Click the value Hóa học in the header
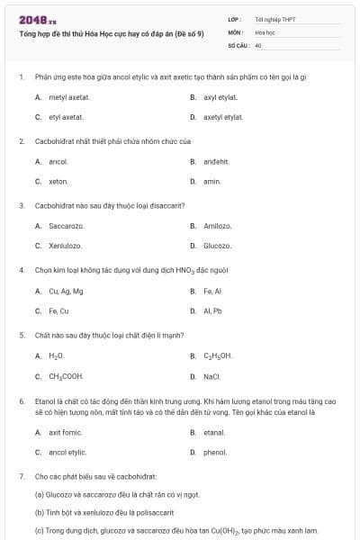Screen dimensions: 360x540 click(264, 31)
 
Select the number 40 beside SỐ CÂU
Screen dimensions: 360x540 click(258, 44)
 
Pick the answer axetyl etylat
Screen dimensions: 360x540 click(223, 117)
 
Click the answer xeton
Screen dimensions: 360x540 click(58, 181)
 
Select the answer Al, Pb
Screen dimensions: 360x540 click(212, 311)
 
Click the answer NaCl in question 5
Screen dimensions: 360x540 click(212, 376)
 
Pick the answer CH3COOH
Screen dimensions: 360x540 click(66, 376)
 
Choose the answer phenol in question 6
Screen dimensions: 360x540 click(215, 452)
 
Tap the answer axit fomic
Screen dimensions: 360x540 click(67, 432)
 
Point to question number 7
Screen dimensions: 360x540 click(21, 474)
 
